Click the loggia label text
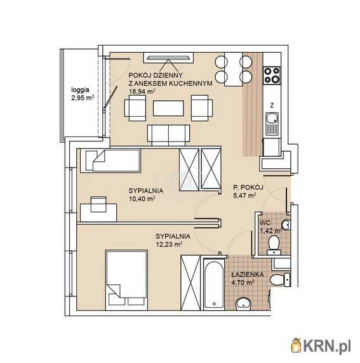(x=80, y=89)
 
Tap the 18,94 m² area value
(x=142, y=91)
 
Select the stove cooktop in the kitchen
(x=272, y=76)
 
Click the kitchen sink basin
(x=272, y=118)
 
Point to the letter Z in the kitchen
(x=272, y=106)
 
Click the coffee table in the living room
(x=168, y=108)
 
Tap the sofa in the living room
(x=169, y=135)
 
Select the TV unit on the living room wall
(x=168, y=58)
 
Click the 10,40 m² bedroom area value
(x=142, y=199)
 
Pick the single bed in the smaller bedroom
(x=110, y=161)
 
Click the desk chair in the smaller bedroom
(x=98, y=204)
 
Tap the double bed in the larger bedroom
(x=126, y=280)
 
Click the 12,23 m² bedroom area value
(x=168, y=244)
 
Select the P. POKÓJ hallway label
(x=248, y=187)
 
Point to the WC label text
(x=265, y=223)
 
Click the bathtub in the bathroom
(x=213, y=284)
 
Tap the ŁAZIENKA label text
(x=248, y=275)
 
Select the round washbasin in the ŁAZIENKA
(x=243, y=304)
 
